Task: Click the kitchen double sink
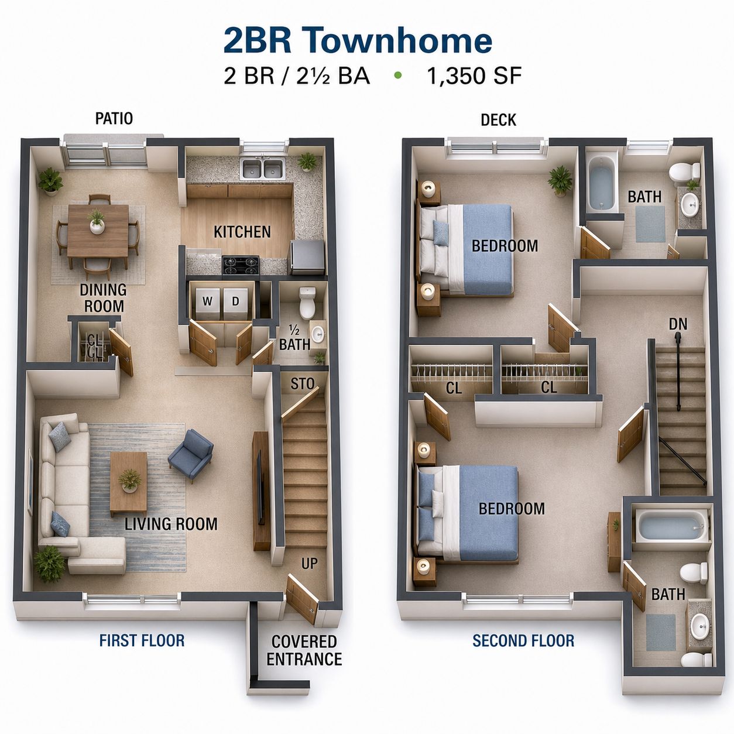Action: (x=263, y=169)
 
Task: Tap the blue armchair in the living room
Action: (x=190, y=455)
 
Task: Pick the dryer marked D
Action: (x=236, y=303)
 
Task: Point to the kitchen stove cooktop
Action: (x=241, y=265)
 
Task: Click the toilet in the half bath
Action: (x=307, y=302)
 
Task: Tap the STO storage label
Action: (x=303, y=384)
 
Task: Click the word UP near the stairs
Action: (x=309, y=563)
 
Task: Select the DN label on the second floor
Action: (x=678, y=324)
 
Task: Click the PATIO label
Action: (x=114, y=118)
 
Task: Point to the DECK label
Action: (x=498, y=120)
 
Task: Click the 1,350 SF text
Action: (x=474, y=76)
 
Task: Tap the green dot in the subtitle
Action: (x=398, y=76)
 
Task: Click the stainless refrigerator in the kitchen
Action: (x=308, y=257)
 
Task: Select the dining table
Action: (x=98, y=231)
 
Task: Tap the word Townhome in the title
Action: (x=393, y=40)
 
